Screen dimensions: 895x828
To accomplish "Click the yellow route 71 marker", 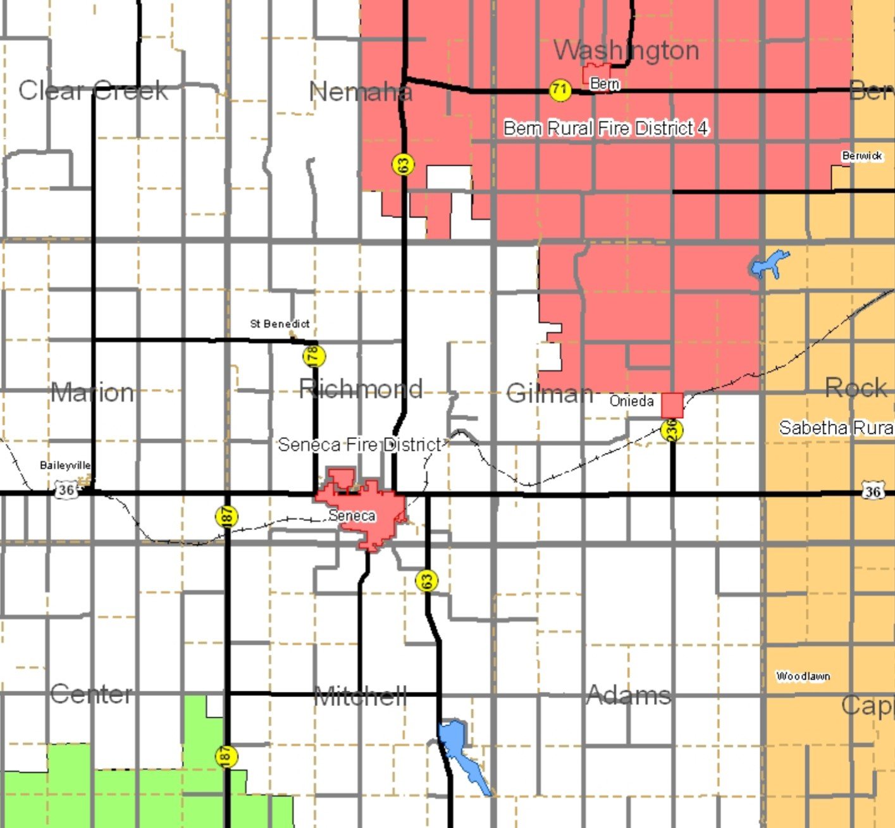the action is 560,89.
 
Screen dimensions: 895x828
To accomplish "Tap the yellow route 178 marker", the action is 314,355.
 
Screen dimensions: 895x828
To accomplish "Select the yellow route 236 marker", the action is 672,430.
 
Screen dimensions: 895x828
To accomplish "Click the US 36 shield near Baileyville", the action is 66,489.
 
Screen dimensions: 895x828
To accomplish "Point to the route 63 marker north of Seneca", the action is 403,164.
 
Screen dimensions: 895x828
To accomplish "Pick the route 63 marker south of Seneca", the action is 426,580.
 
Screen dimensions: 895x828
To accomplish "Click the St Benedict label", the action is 280,324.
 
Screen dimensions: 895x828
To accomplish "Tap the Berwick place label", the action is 861,156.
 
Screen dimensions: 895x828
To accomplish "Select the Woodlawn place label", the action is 803,676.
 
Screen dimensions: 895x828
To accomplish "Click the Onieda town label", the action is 631,401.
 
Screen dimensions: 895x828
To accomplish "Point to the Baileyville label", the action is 65,466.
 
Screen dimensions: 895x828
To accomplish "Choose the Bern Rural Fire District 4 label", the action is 606,128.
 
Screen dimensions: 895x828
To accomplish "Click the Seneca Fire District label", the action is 359,445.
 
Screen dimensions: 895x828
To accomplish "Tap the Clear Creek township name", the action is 93,90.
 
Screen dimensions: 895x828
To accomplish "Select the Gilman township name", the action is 549,394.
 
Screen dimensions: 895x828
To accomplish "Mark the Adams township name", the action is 628,695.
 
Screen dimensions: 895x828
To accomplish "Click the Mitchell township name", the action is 360,696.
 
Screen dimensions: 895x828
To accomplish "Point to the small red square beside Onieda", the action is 672,404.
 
